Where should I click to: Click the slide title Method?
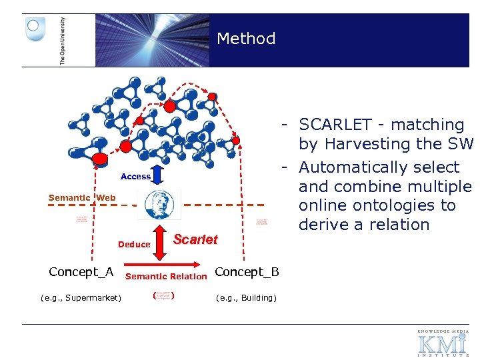246,39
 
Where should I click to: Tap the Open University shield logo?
35,29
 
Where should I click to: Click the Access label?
135,177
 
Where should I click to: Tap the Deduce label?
134,245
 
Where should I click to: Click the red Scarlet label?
195,239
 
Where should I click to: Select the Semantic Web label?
82,197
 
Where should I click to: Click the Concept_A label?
81,271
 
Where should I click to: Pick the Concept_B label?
247,271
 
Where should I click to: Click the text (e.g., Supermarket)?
81,297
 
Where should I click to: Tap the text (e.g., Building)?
246,297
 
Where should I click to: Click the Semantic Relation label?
166,277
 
